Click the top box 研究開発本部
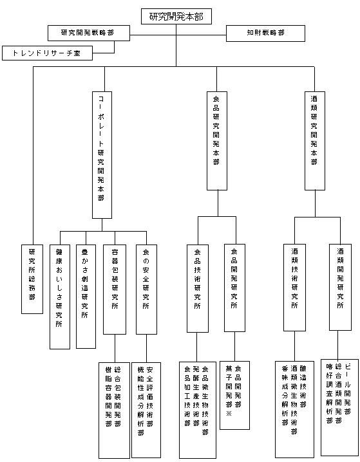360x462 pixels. (x=176, y=17)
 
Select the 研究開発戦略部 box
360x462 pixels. (x=89, y=33)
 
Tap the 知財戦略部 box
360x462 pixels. (x=265, y=33)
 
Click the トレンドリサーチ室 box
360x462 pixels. (x=47, y=53)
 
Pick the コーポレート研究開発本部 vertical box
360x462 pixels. (x=102, y=155)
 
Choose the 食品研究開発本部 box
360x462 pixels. (x=217, y=141)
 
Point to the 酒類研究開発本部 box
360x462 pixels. (x=315, y=141)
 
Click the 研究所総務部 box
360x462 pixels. (x=32, y=279)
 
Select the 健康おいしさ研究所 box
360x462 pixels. (x=60, y=297)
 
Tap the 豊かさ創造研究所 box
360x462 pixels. (x=86, y=297)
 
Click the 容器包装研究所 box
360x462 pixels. (x=115, y=290)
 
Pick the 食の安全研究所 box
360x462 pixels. (x=146, y=290)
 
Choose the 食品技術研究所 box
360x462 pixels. (x=198, y=288)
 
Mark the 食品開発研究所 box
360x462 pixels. (x=234, y=288)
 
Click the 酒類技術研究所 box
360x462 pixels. (x=294, y=288)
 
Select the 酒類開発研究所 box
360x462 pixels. (x=340, y=287)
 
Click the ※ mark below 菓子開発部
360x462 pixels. (x=229, y=413)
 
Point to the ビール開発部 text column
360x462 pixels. (x=348, y=389)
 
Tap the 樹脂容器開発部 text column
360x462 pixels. (x=109, y=396)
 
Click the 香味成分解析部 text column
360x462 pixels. (x=285, y=396)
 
